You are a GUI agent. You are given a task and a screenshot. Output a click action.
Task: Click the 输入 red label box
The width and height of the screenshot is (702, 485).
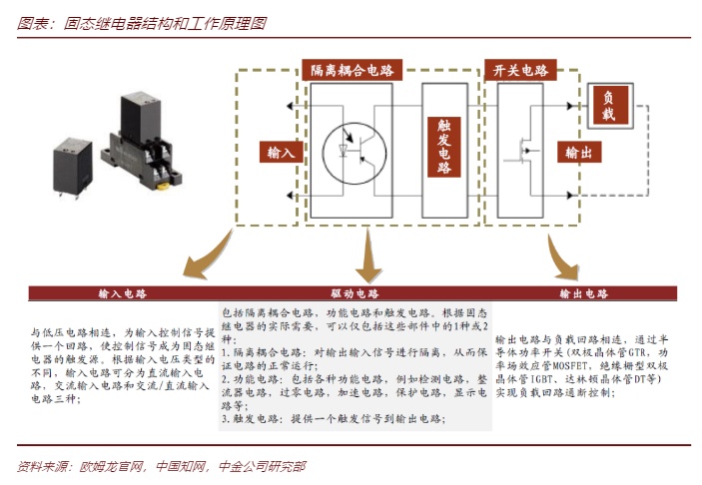(282, 153)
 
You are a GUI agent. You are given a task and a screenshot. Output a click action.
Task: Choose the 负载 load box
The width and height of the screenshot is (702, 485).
(607, 107)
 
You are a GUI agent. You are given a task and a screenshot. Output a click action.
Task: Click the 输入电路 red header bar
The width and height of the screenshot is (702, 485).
(122, 295)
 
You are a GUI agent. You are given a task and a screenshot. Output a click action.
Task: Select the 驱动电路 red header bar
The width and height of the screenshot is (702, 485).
(354, 295)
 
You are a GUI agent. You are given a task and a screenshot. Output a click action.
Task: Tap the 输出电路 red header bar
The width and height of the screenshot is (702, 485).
(584, 295)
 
